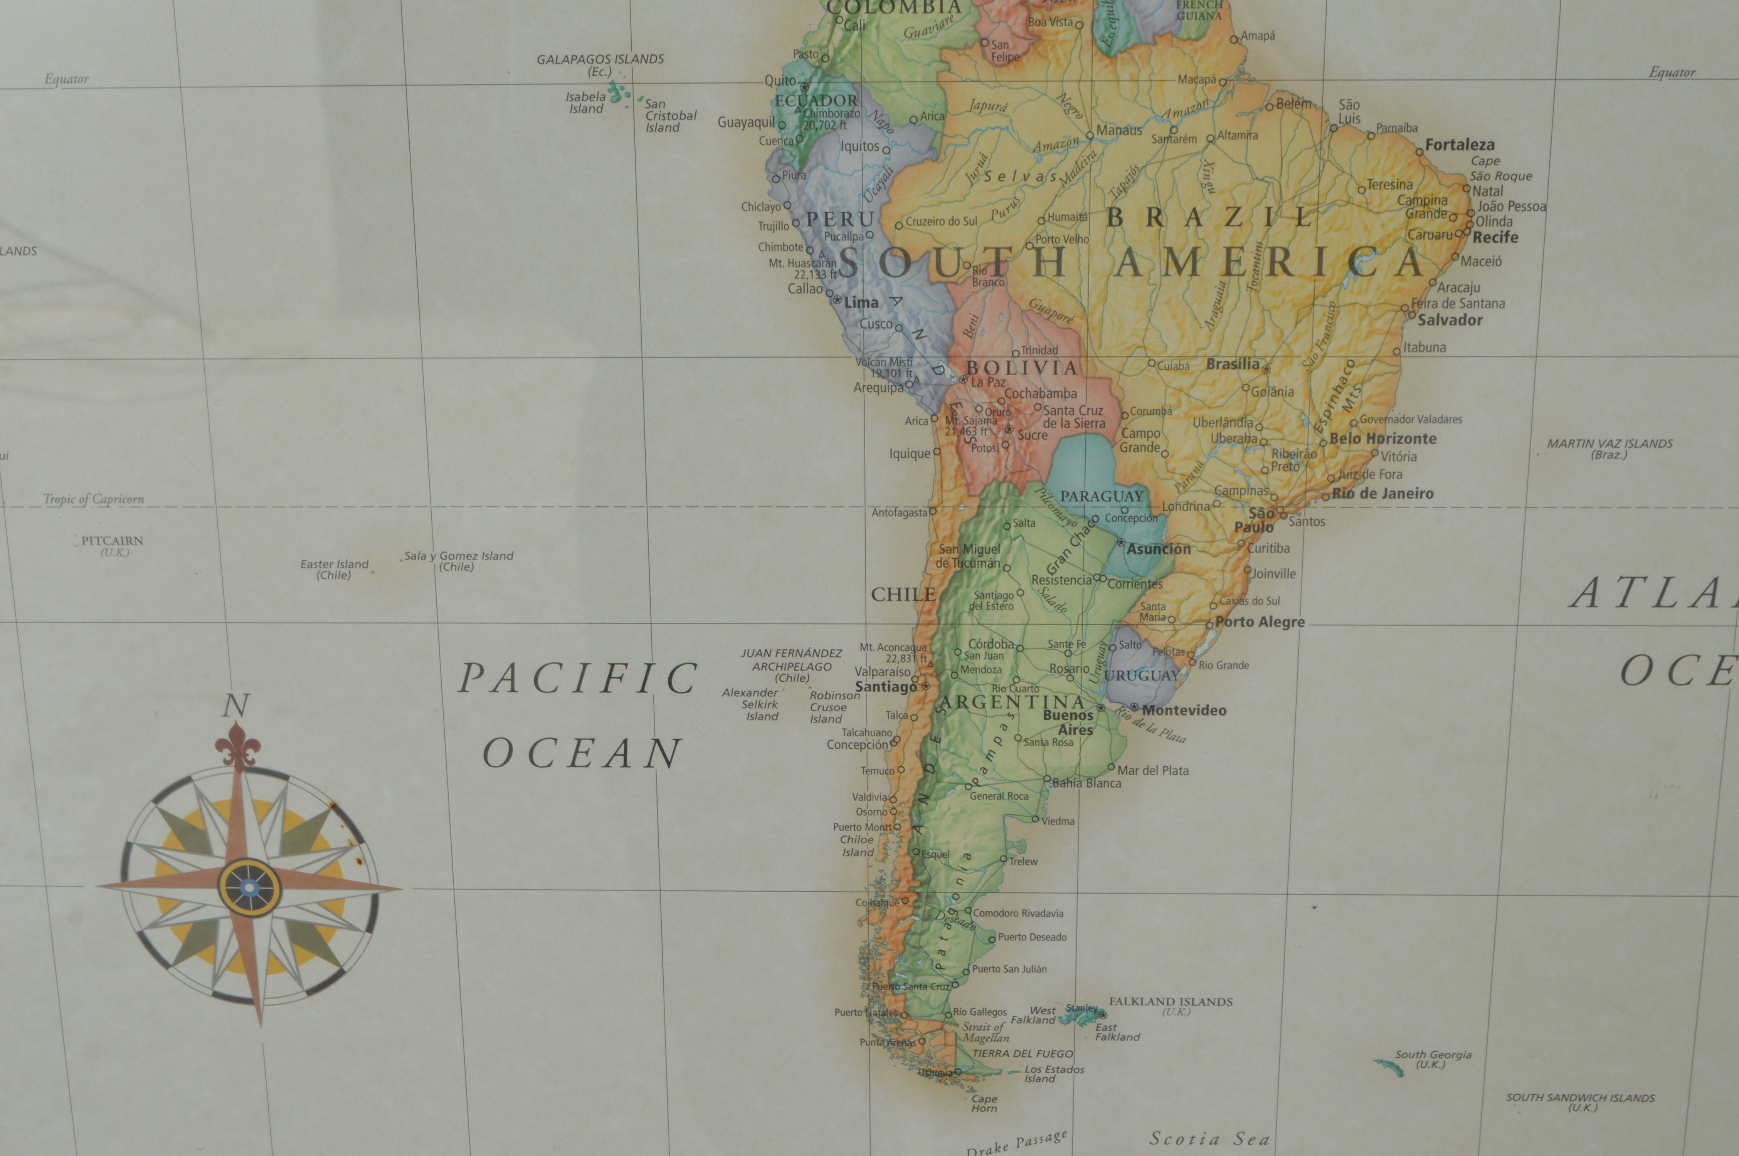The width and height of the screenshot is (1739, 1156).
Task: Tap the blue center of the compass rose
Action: [x=249, y=887]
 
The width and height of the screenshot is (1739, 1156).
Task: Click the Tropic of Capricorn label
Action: [x=94, y=499]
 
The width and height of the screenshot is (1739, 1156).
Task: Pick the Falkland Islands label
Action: [x=1171, y=1002]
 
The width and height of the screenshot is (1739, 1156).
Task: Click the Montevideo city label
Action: [x=1184, y=711]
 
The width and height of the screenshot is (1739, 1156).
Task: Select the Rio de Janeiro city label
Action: [x=1382, y=494]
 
